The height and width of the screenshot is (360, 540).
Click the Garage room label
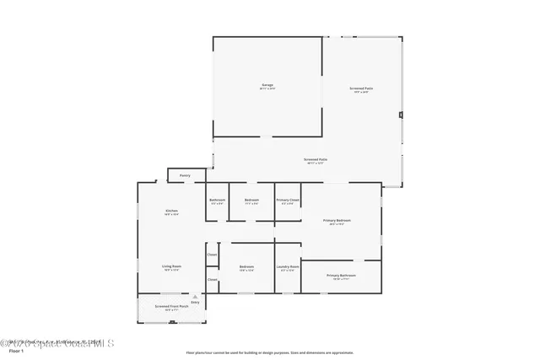(267, 85)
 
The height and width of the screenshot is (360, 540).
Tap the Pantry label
(184, 175)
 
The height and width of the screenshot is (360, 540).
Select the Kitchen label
(171, 210)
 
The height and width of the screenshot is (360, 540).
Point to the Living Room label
(171, 266)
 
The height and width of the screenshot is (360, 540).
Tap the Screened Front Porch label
(171, 306)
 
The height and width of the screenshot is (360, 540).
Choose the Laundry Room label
(288, 267)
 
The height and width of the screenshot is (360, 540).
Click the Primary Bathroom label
(341, 276)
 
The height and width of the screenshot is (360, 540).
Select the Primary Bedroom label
(337, 221)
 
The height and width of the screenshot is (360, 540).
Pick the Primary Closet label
(288, 200)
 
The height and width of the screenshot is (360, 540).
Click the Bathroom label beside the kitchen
(217, 200)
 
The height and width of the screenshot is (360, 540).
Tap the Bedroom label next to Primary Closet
(251, 200)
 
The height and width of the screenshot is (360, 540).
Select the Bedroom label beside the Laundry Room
(246, 267)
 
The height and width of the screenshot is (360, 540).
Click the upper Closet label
(213, 254)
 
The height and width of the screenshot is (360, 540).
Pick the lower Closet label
(213, 279)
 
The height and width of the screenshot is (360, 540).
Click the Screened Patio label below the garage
(316, 159)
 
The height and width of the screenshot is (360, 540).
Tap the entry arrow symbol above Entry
(195, 295)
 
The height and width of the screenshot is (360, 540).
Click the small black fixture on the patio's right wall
(402, 116)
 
